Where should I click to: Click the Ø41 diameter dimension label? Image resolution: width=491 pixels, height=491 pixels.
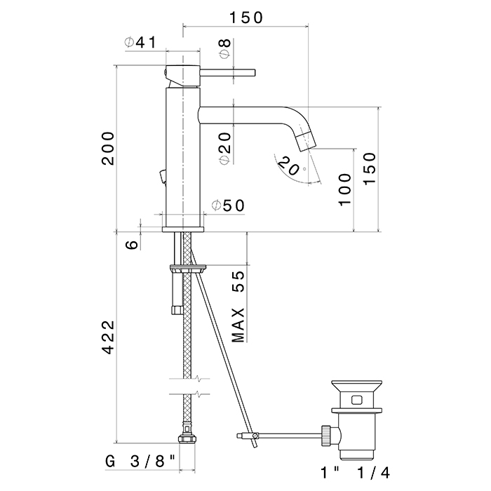[140, 43]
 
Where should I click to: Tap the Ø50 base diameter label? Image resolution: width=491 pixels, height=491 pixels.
[227, 206]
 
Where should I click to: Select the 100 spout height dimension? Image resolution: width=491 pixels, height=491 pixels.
[344, 189]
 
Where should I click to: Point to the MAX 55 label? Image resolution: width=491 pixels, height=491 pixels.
[239, 305]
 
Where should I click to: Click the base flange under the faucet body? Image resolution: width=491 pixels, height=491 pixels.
[183, 228]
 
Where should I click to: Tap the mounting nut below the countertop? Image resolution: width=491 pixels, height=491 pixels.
[188, 268]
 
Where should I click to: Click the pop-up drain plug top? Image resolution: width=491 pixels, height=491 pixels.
[357, 384]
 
